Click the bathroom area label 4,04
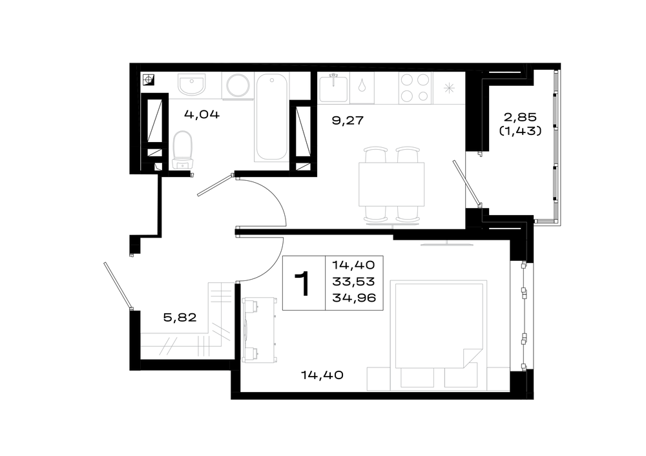click(202, 114)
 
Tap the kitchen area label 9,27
click(348, 120)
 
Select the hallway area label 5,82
click(180, 318)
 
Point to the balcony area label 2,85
click(520, 117)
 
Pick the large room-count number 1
click(303, 283)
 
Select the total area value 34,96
click(354, 297)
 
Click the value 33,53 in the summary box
click(354, 282)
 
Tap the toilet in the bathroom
click(183, 150)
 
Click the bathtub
click(271, 116)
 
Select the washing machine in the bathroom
click(238, 86)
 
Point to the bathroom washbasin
click(192, 84)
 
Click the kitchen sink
click(333, 87)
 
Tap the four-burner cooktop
click(415, 87)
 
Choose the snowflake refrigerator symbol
click(449, 88)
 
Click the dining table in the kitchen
click(391, 184)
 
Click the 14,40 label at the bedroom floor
click(322, 375)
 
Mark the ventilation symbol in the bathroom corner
click(149, 79)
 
